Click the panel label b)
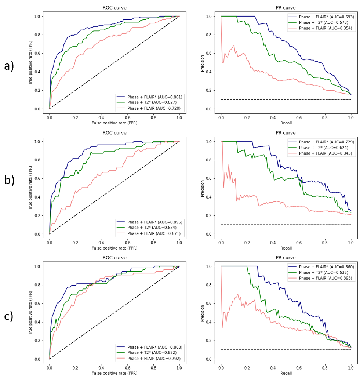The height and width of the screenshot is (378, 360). tap(9, 181)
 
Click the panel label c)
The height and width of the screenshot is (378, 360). tap(9, 316)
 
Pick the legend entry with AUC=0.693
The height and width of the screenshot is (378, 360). tap(321, 17)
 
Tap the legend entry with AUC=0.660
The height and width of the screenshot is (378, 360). tap(321, 267)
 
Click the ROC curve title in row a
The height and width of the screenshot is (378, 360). tap(114, 8)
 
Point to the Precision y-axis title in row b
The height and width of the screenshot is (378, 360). tap(202, 188)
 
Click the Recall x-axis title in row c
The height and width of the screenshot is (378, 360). tap(286, 373)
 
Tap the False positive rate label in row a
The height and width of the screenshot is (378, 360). tap(114, 123)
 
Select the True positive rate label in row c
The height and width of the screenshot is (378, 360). tap(30, 313)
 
